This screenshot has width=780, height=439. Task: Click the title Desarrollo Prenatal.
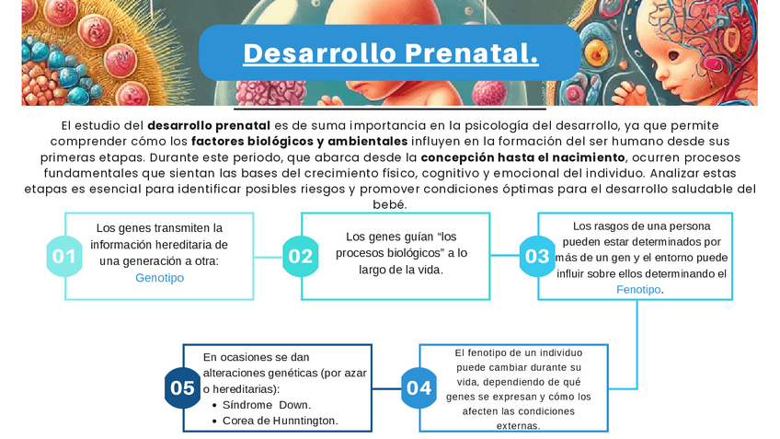tap(391, 52)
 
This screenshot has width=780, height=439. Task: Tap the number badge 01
tap(64, 257)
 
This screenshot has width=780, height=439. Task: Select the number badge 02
tap(301, 257)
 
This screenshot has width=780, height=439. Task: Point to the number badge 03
tap(537, 257)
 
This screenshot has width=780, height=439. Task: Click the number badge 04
tap(419, 388)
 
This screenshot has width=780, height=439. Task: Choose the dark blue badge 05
tap(182, 388)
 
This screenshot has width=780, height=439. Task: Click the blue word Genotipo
tap(160, 278)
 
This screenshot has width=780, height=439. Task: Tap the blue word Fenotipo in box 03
tap(638, 290)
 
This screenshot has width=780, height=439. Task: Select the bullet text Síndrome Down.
tap(267, 405)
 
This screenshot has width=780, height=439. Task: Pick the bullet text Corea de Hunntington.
tap(281, 422)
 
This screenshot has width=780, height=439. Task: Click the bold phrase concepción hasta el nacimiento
tap(522, 157)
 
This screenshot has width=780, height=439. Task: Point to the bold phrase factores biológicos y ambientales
tap(300, 142)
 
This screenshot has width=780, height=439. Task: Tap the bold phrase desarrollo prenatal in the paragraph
tap(209, 126)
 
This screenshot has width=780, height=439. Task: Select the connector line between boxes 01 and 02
tap(269, 258)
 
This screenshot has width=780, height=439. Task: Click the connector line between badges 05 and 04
tap(386, 388)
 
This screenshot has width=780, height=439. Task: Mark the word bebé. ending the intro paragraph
tap(390, 204)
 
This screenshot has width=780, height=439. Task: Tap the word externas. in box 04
tap(519, 426)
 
